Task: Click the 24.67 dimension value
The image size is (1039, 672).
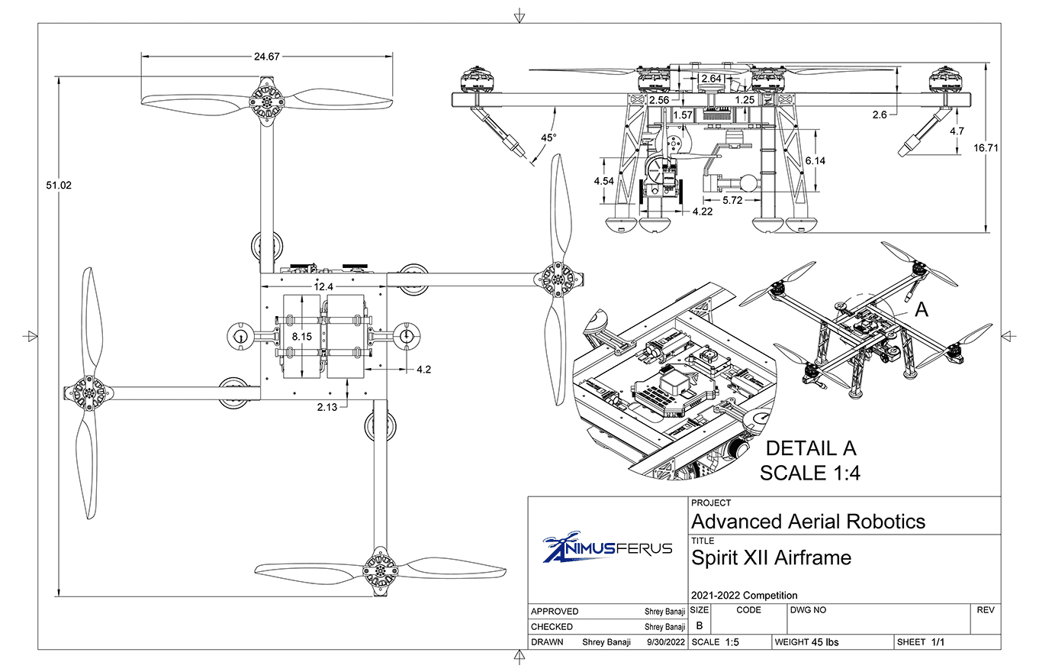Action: point(267,56)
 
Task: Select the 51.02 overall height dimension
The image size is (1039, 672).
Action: point(59,184)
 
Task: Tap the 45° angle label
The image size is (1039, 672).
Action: point(549,137)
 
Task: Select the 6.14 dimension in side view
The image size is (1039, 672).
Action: point(815,161)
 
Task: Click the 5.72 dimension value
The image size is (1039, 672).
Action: point(732,200)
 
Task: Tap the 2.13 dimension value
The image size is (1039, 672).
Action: point(327,407)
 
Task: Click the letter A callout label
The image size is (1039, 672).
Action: point(922,309)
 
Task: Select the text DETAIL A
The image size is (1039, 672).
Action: point(810,448)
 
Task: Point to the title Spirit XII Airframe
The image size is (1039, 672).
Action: point(770,558)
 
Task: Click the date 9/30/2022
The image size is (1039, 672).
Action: point(666,642)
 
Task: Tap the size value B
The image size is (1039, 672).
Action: point(700,626)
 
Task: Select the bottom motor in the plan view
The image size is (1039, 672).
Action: point(379,569)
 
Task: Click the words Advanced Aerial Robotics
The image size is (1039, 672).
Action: point(808,522)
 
